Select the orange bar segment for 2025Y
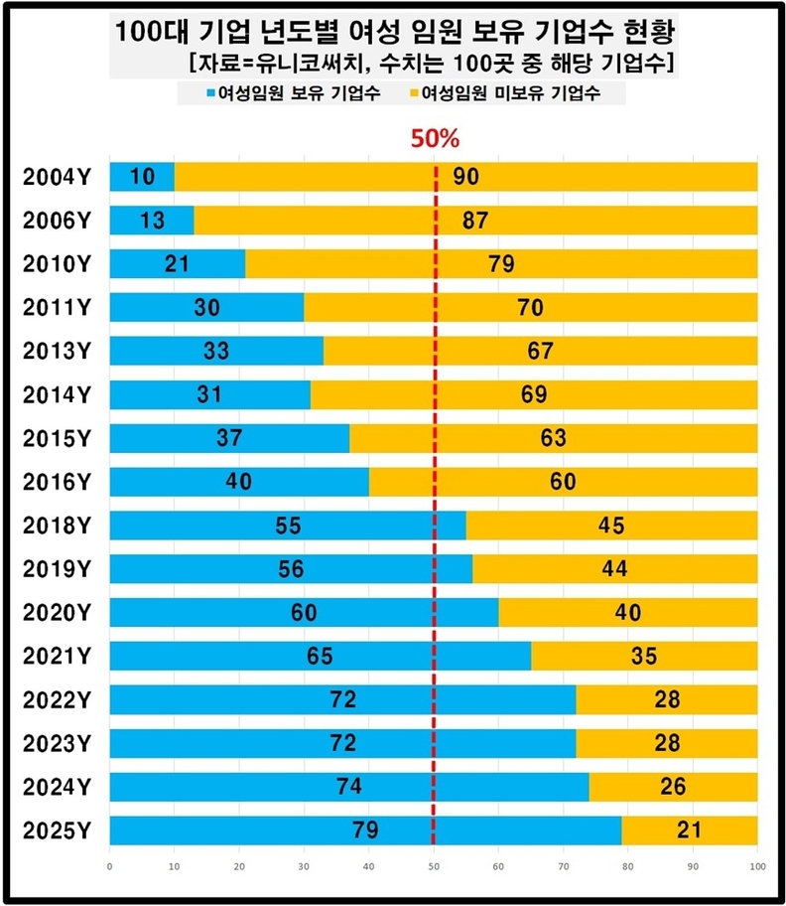tap(691, 830)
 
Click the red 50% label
tap(435, 139)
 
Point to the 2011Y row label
tap(56, 308)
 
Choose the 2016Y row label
tap(56, 482)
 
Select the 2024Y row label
tap(56, 787)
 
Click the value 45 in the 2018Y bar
tap(611, 526)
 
